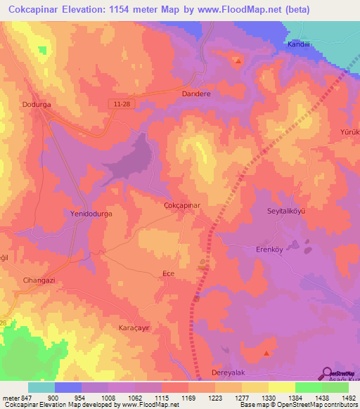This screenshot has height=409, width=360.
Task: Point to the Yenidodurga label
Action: [91, 212]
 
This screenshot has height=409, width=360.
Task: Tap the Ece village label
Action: [168, 273]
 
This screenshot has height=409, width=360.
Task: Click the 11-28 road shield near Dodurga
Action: [120, 103]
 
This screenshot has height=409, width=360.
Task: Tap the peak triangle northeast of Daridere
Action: [238, 60]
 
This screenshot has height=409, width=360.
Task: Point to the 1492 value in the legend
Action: [349, 398]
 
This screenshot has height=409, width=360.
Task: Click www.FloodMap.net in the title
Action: [229, 9]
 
